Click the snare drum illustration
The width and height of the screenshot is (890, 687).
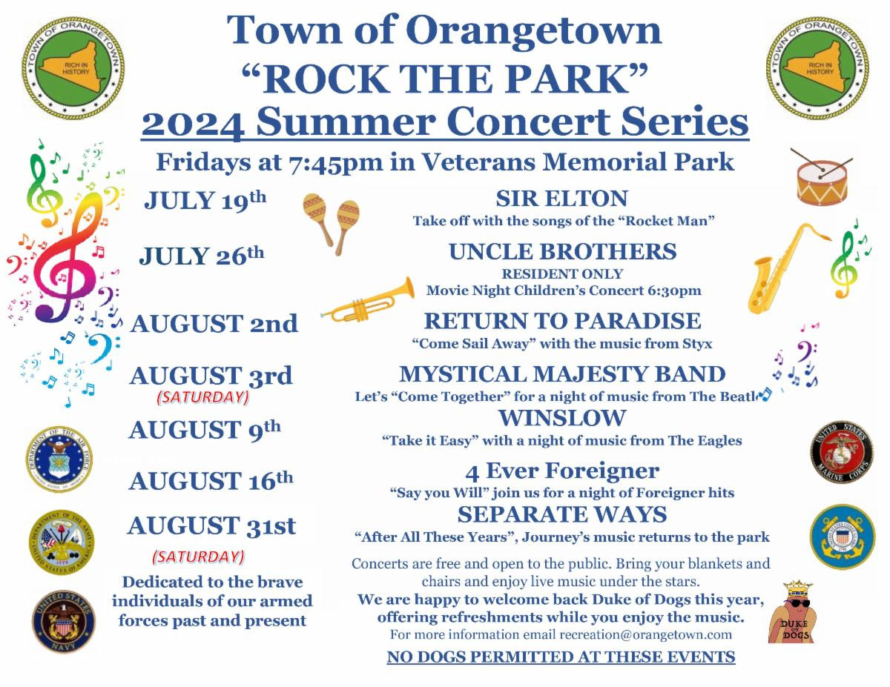tap(821, 180)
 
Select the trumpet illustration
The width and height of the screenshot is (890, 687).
tap(368, 302)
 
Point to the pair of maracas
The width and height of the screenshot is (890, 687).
tap(331, 223)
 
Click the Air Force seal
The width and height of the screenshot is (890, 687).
tap(59, 459)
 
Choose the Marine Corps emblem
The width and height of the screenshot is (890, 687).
tap(842, 452)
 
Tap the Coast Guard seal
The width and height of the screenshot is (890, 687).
tap(843, 537)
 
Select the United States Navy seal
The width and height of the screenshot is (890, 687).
tap(64, 622)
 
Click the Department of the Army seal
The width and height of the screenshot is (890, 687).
tap(62, 542)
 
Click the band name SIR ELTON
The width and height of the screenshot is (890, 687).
tap(561, 199)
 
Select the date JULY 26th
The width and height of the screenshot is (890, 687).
tap(202, 256)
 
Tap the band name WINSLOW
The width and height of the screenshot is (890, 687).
tap(562, 418)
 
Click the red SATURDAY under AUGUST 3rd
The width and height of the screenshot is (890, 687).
tap(203, 397)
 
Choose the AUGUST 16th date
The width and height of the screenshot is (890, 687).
tap(211, 480)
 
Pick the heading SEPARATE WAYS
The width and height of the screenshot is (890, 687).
tap(562, 514)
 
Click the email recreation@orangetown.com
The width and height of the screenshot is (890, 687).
tap(645, 634)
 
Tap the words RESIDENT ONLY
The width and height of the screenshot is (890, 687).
tap(562, 273)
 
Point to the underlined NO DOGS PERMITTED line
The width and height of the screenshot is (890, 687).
tap(561, 657)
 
